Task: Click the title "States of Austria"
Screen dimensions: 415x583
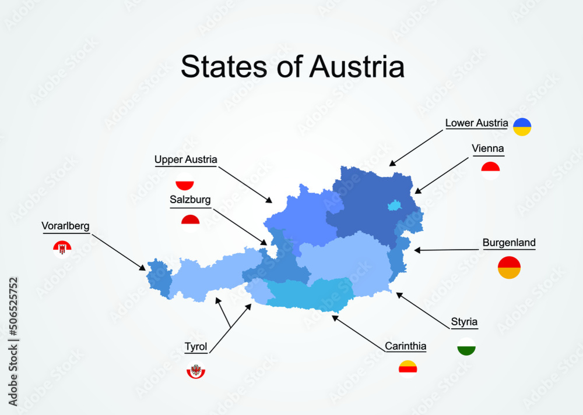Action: coord(292,66)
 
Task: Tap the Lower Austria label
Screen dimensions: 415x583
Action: coord(476,123)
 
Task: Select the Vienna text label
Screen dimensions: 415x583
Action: coord(488,148)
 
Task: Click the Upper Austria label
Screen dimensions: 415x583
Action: coord(186,159)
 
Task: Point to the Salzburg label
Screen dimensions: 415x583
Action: coord(190,200)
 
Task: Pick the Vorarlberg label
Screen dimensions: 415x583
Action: coord(65,226)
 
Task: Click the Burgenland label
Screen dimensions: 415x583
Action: coord(509,243)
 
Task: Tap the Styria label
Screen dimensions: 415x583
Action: coord(464,322)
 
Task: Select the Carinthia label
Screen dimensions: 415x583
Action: coord(405,346)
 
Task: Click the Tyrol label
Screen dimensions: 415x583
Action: coord(196,347)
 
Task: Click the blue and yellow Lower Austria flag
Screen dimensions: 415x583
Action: coord(522,127)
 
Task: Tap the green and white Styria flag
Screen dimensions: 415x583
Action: coord(466,346)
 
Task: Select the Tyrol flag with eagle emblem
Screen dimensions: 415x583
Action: coord(196,371)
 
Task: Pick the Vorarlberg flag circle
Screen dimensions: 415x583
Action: coord(62,249)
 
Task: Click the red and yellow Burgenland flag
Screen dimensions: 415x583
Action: coord(509,268)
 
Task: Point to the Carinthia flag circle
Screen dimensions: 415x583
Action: coord(408,370)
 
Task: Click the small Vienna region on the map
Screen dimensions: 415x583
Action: coord(395,205)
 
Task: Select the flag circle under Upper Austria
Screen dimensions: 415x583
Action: coord(184,182)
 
